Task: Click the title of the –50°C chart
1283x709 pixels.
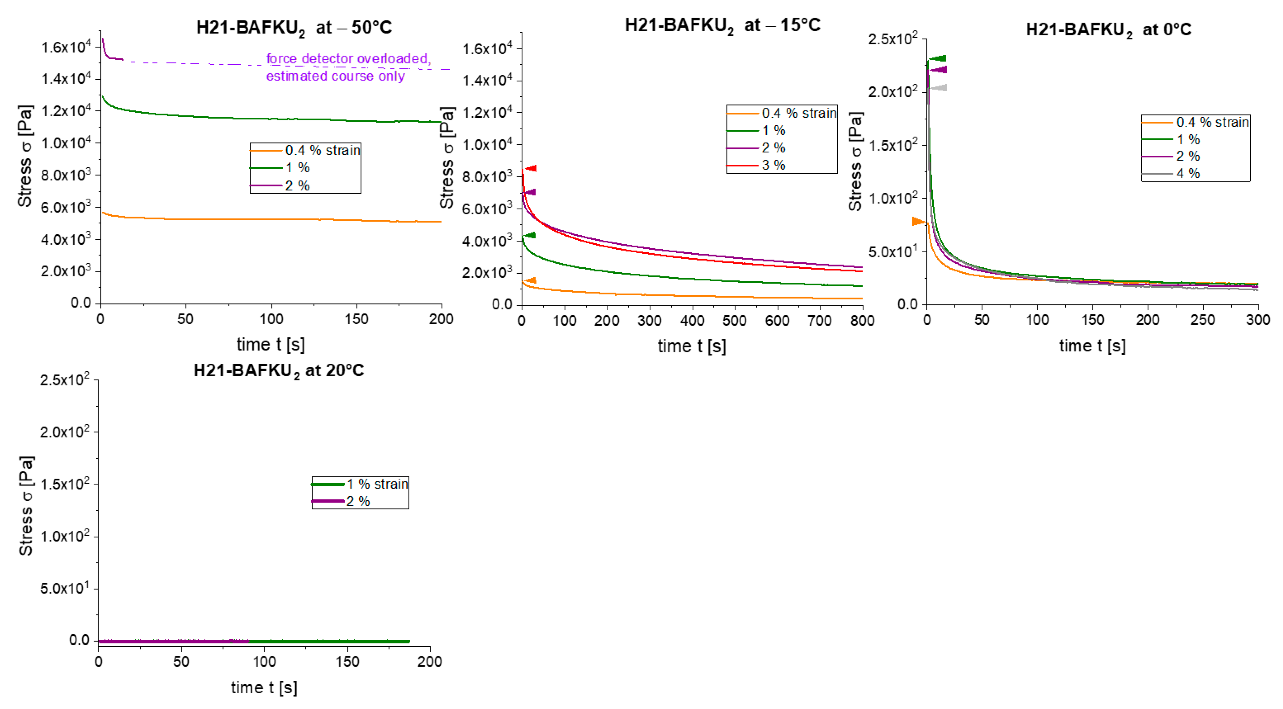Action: click(x=294, y=27)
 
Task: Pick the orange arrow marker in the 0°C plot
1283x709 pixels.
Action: click(x=918, y=221)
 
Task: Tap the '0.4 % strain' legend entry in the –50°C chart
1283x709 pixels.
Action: click(x=322, y=150)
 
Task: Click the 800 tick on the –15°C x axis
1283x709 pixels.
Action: click(x=862, y=320)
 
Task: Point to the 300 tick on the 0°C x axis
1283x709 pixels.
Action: click(x=1257, y=320)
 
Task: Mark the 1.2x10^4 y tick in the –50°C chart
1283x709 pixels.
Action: click(x=66, y=110)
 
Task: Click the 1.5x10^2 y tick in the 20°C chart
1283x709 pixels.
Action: click(x=65, y=484)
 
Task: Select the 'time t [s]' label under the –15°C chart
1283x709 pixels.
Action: click(x=691, y=346)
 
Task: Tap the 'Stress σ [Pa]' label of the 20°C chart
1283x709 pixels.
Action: click(x=26, y=505)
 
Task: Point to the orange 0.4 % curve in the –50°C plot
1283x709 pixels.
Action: click(x=271, y=219)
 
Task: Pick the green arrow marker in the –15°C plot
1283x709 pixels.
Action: click(x=530, y=235)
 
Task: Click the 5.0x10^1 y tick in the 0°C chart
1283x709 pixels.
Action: click(x=893, y=252)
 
